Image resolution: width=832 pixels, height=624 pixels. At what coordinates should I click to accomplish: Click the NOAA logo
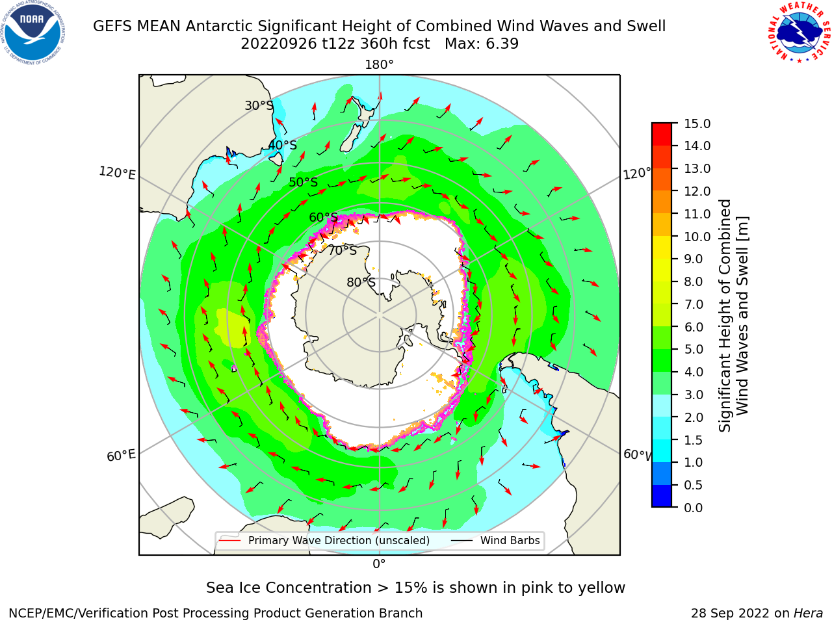coord(33,33)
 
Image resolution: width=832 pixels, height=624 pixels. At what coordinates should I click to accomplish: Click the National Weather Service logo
coord(799,32)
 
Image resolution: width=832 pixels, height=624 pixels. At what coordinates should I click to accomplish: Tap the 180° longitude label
coord(379,65)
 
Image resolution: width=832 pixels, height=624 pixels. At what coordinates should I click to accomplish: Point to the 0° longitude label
coord(379,564)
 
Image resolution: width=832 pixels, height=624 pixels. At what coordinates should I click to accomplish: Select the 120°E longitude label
coord(117,173)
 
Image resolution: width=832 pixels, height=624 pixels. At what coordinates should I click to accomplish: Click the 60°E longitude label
coord(121,456)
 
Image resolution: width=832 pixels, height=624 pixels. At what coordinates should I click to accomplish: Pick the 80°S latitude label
coord(361,283)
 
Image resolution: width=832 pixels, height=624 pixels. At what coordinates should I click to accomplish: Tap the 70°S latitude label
coord(343,251)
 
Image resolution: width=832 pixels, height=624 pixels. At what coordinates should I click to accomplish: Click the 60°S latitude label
coord(323,218)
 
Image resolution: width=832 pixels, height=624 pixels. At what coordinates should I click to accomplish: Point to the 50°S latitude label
coord(304,182)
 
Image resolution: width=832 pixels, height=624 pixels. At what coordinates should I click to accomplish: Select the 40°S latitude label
coord(283,145)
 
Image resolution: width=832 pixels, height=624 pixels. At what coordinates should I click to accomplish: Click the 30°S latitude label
coord(259,105)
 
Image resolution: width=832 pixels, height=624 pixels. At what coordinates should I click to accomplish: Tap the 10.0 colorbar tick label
coord(697,237)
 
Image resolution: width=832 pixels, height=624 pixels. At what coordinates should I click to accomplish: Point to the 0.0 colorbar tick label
coord(694,508)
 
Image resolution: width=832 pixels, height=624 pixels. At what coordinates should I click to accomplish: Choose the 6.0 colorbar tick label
coord(694,327)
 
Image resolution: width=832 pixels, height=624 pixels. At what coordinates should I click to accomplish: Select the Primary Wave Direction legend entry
coord(324,540)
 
